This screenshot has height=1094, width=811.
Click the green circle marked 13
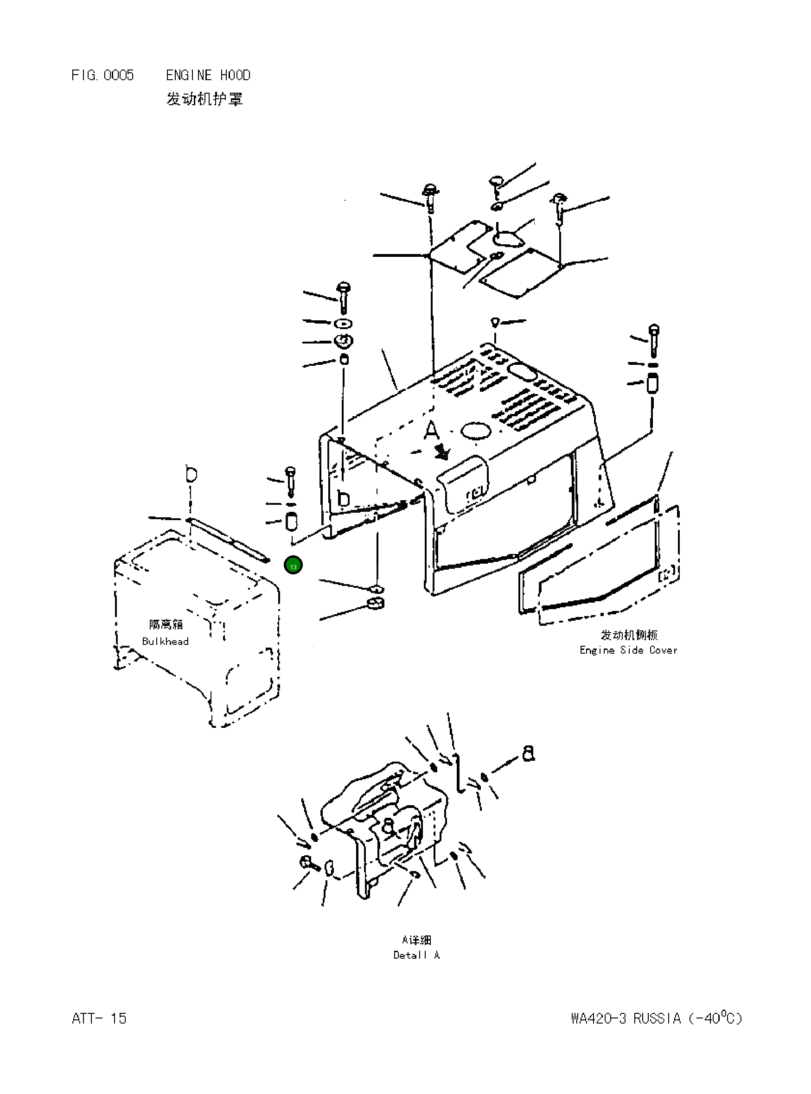[293, 566]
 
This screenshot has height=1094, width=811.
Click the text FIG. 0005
[102, 75]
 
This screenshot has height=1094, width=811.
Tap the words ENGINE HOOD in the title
[208, 75]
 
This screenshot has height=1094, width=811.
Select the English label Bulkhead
[165, 641]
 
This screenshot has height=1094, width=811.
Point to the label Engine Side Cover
[628, 650]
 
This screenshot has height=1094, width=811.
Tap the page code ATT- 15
[99, 1018]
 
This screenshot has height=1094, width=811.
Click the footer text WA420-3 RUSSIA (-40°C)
[657, 1018]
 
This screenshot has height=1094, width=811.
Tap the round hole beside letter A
[475, 432]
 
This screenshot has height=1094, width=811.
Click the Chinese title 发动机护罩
[204, 99]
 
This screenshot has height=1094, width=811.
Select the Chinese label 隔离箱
[166, 624]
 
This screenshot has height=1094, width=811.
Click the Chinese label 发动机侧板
[629, 635]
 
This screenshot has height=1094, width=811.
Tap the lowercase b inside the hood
[344, 499]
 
